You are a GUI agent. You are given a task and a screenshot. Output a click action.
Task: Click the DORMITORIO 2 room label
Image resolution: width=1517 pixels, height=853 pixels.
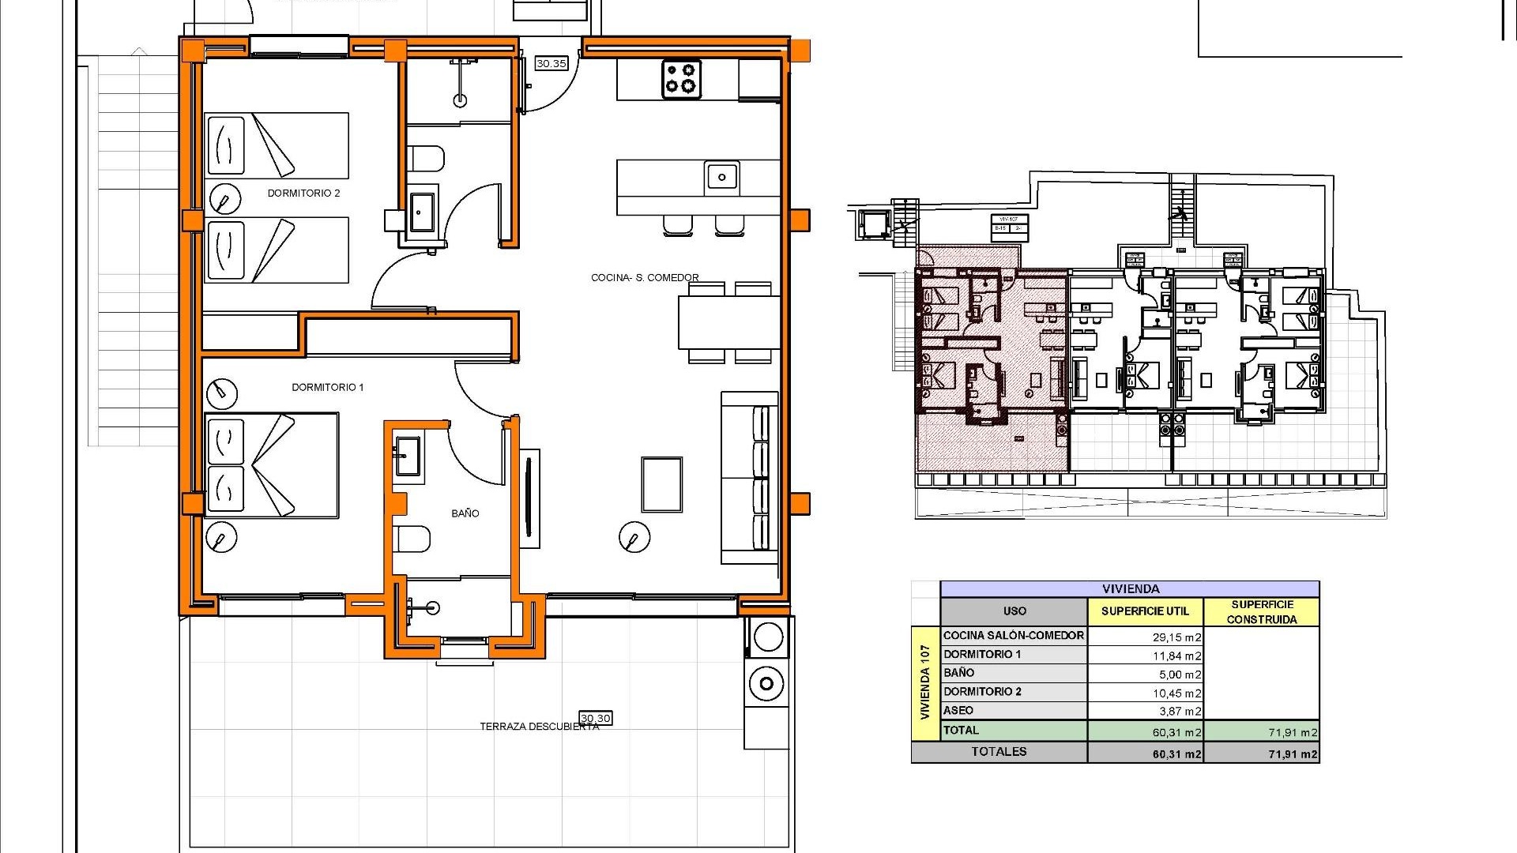click(303, 193)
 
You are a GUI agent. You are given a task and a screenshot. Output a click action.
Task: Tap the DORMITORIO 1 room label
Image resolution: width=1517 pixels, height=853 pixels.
click(327, 387)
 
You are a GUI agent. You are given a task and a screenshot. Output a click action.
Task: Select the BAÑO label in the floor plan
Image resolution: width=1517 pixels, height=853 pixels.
click(465, 513)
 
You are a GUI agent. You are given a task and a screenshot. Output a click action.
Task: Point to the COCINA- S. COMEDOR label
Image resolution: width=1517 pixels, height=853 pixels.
click(645, 277)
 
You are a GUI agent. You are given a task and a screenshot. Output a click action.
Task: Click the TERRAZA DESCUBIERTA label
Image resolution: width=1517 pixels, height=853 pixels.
click(539, 727)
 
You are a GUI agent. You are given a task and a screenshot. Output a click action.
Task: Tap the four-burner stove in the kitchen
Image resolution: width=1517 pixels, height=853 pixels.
click(681, 79)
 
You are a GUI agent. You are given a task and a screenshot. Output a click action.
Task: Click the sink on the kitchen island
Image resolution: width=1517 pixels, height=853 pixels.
click(721, 177)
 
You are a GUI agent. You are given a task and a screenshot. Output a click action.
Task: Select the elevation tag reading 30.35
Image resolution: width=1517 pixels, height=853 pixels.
click(551, 63)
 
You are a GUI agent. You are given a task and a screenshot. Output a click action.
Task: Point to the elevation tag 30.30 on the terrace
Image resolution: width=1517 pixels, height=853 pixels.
click(596, 718)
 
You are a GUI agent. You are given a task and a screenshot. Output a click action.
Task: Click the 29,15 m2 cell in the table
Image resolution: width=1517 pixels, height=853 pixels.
click(1176, 637)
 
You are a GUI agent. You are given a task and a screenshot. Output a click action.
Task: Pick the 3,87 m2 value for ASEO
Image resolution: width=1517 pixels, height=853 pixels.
click(1180, 712)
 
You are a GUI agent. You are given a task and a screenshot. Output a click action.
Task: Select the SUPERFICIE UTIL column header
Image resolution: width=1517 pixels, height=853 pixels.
click(1144, 611)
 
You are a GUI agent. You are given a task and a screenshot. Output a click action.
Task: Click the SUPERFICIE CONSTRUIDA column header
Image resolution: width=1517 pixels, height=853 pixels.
click(1261, 611)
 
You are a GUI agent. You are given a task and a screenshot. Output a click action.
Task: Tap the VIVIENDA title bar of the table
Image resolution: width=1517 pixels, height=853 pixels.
click(1130, 588)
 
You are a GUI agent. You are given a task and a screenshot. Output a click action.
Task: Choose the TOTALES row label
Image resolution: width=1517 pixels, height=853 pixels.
click(999, 752)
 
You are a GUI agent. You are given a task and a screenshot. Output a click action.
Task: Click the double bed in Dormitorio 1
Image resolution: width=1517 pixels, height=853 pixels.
click(271, 465)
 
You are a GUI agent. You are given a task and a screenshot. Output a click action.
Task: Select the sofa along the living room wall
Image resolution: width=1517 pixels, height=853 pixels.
click(749, 478)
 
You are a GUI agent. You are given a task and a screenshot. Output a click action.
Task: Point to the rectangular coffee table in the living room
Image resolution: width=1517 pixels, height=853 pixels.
click(661, 484)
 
